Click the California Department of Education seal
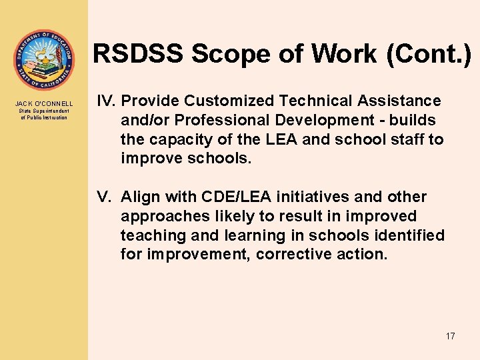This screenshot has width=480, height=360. [x=44, y=60]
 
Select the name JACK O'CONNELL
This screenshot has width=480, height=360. [x=44, y=104]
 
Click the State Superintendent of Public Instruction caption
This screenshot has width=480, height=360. [x=44, y=114]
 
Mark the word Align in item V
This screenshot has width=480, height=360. [x=139, y=197]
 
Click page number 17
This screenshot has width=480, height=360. [x=450, y=336]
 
